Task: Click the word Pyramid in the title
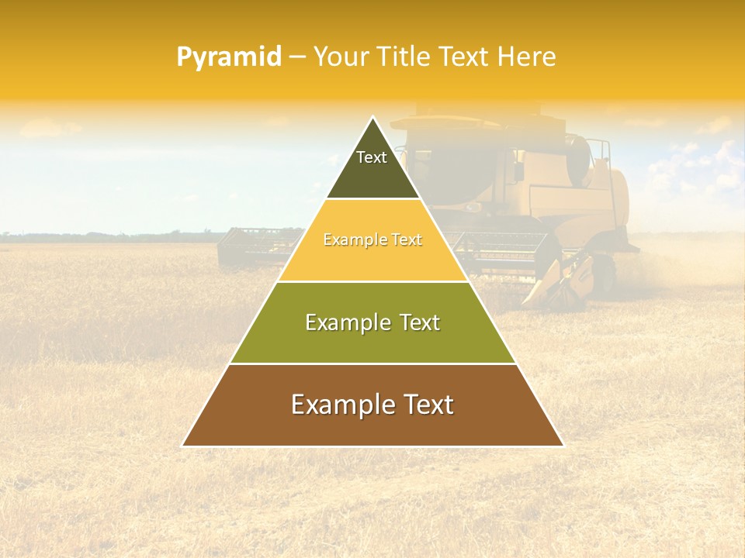(228, 57)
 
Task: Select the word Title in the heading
(408, 57)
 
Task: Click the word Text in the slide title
(466, 57)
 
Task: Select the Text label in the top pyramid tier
(372, 157)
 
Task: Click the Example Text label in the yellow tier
(372, 240)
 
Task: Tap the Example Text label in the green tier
(372, 322)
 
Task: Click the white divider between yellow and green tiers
(372, 281)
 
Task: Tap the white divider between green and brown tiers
(372, 363)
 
